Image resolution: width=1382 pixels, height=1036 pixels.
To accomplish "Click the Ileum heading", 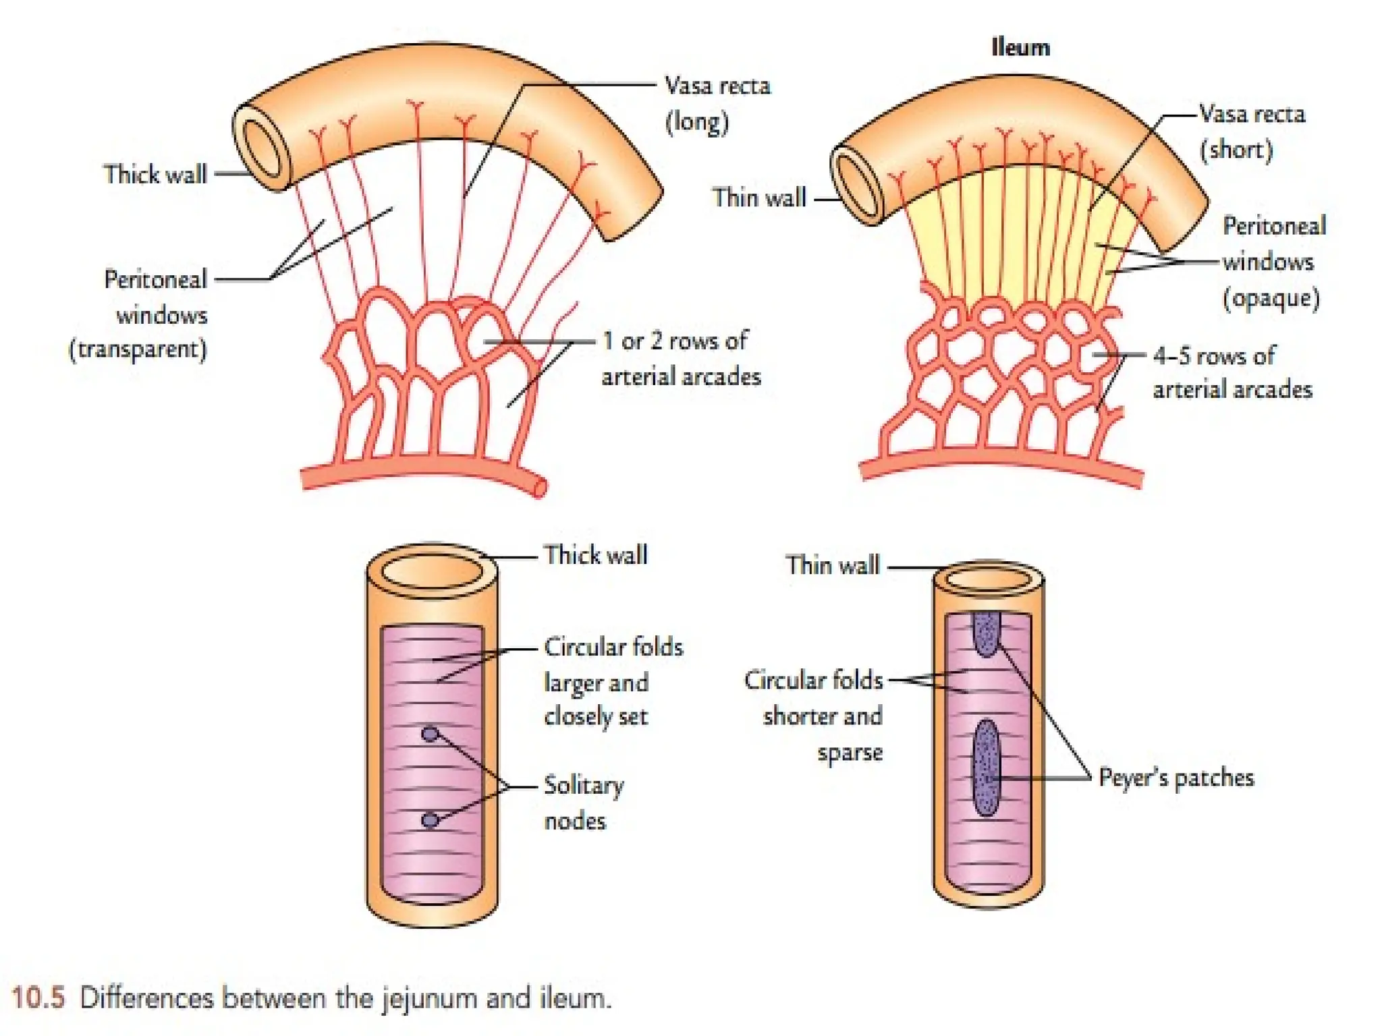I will coord(1020,48).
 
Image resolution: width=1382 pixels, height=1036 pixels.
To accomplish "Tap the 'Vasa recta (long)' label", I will coord(717,103).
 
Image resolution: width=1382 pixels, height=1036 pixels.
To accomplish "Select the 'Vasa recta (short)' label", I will coord(1252,132).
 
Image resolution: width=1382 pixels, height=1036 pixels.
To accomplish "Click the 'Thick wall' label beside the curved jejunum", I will coord(155,174).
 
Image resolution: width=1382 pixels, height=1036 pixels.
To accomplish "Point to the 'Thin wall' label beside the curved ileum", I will coord(759,198).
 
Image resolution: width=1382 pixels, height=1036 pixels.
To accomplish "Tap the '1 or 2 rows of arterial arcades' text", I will coord(680,358).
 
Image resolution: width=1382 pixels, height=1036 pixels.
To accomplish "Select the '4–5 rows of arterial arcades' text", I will coord(1232,372).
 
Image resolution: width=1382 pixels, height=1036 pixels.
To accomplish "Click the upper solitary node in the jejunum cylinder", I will coord(430,734).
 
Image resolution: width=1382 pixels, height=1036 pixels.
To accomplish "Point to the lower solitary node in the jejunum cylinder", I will coord(430,820).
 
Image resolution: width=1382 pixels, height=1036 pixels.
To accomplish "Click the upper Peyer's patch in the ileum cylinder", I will coord(986,633).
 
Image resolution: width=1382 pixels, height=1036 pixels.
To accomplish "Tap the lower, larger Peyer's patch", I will coord(987,768).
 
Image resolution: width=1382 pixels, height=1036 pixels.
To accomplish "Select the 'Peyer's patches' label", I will coord(1176,778).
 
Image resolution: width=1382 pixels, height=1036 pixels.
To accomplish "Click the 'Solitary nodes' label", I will coord(583,803).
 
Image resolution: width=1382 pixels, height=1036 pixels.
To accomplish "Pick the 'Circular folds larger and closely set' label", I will coord(612,681).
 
